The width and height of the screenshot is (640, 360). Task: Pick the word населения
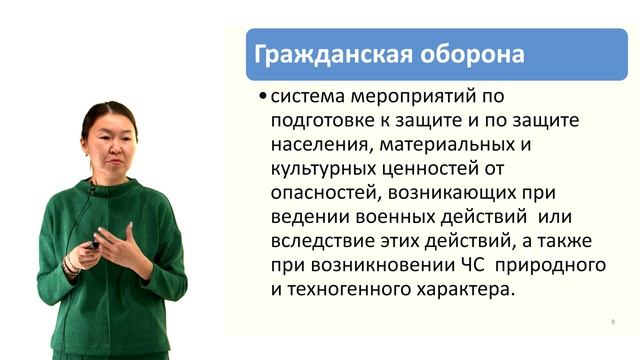316,146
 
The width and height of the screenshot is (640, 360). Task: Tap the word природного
561,266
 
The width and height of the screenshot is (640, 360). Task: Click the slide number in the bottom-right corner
611,322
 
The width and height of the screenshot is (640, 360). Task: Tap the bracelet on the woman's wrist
71,265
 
